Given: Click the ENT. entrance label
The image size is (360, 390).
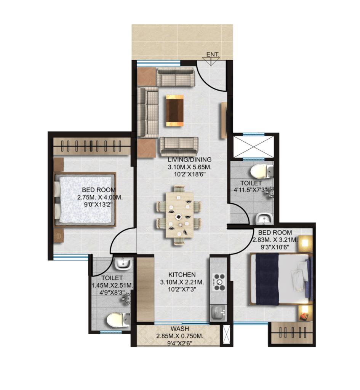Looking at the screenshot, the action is pyautogui.click(x=213, y=54).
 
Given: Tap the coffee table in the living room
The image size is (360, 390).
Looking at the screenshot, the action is pyautogui.click(x=174, y=110).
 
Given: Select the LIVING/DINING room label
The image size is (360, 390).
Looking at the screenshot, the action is pyautogui.click(x=190, y=160).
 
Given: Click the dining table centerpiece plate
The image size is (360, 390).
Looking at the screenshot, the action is pyautogui.click(x=179, y=217).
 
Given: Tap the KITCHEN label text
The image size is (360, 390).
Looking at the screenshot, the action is pyautogui.click(x=182, y=275).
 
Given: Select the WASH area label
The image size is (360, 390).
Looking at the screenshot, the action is pyautogui.click(x=180, y=329).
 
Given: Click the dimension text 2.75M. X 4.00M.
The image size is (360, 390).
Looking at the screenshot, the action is pyautogui.click(x=100, y=198).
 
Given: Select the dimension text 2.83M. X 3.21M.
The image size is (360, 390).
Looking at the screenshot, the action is pyautogui.click(x=275, y=240).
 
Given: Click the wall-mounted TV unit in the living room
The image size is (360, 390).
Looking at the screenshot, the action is pyautogui.click(x=224, y=120).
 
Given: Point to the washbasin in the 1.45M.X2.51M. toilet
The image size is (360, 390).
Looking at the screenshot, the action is pyautogui.click(x=123, y=264).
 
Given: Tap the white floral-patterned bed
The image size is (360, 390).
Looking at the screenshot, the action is pyautogui.click(x=85, y=199).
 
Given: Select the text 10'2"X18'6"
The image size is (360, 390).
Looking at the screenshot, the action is pyautogui.click(x=190, y=174).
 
